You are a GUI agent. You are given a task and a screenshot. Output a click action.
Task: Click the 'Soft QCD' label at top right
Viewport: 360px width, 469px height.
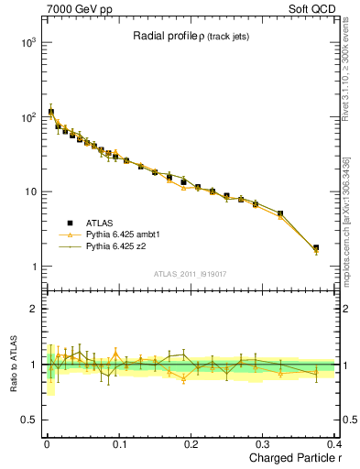(x=311, y=8)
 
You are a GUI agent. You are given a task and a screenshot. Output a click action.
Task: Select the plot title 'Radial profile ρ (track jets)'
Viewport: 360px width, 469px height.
(x=189, y=37)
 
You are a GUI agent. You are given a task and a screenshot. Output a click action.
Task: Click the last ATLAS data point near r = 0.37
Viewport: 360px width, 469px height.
(x=316, y=247)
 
